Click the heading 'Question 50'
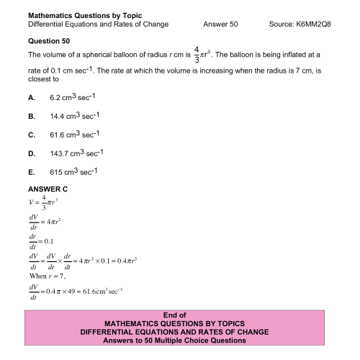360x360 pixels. coord(48,41)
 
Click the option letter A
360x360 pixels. coord(30,96)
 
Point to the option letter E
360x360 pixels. coord(30,172)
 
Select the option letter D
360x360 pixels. coord(30,153)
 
